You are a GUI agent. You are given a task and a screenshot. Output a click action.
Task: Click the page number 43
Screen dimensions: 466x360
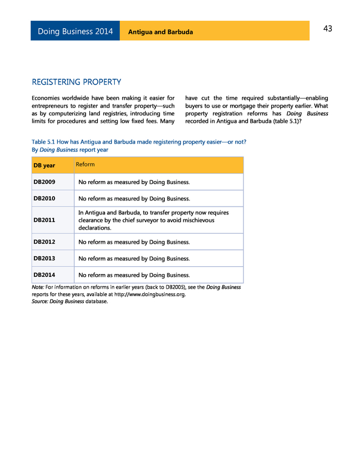327,29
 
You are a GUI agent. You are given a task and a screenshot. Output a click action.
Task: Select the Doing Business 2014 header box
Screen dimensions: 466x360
75,32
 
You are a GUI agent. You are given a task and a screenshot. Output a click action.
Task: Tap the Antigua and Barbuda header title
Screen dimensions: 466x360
160,32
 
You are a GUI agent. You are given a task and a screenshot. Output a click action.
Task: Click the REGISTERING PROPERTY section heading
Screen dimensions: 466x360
76,82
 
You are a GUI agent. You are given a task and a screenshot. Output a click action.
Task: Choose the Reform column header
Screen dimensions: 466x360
85,164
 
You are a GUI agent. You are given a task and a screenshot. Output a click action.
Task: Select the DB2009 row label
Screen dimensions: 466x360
44,182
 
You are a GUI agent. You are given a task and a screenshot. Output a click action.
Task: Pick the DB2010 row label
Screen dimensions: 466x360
44,199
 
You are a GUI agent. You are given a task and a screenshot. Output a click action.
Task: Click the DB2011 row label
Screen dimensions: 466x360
44,220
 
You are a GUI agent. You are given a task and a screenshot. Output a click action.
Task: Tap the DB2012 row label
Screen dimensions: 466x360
44,242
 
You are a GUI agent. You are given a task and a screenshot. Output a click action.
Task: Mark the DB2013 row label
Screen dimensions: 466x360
44,259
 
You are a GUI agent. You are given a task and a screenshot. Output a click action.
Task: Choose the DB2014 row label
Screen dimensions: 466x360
44,275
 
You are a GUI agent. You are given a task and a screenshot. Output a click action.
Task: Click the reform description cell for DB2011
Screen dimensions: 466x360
154,220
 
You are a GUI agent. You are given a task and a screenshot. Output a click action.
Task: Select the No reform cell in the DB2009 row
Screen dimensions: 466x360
134,182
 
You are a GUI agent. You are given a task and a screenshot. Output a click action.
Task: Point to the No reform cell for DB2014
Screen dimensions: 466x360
134,275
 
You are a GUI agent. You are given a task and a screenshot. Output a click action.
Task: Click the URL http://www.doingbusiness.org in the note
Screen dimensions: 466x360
150,294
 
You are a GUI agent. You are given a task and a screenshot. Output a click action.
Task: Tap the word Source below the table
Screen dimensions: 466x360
39,302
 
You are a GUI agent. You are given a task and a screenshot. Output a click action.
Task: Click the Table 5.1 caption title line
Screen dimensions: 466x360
138,142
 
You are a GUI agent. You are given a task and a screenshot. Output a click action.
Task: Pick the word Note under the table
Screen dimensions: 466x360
38,287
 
